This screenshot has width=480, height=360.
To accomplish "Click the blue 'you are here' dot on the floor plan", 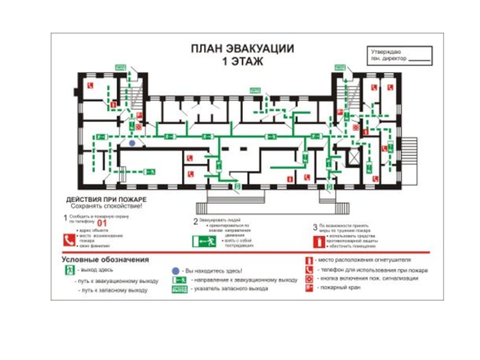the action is coord(132,143).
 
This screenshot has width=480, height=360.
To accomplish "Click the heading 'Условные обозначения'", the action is coord(106,260).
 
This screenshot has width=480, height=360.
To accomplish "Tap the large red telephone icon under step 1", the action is coord(69,240).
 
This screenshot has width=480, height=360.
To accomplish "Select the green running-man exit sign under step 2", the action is coord(205,242).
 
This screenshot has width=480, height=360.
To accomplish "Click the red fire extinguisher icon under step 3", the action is coord(316,241).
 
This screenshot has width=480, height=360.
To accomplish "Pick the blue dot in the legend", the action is coord(175,271).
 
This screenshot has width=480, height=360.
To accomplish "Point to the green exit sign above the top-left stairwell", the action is coord(121,68).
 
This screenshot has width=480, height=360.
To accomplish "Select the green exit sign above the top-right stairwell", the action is coord(340,68).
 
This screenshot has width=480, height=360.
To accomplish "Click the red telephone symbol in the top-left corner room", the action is coord(90,86).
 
